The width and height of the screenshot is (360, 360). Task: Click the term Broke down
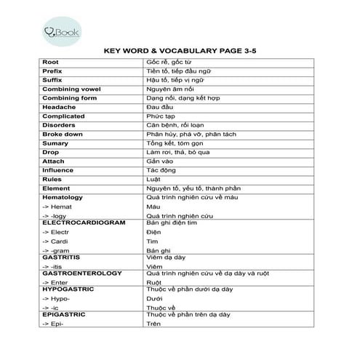60,134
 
